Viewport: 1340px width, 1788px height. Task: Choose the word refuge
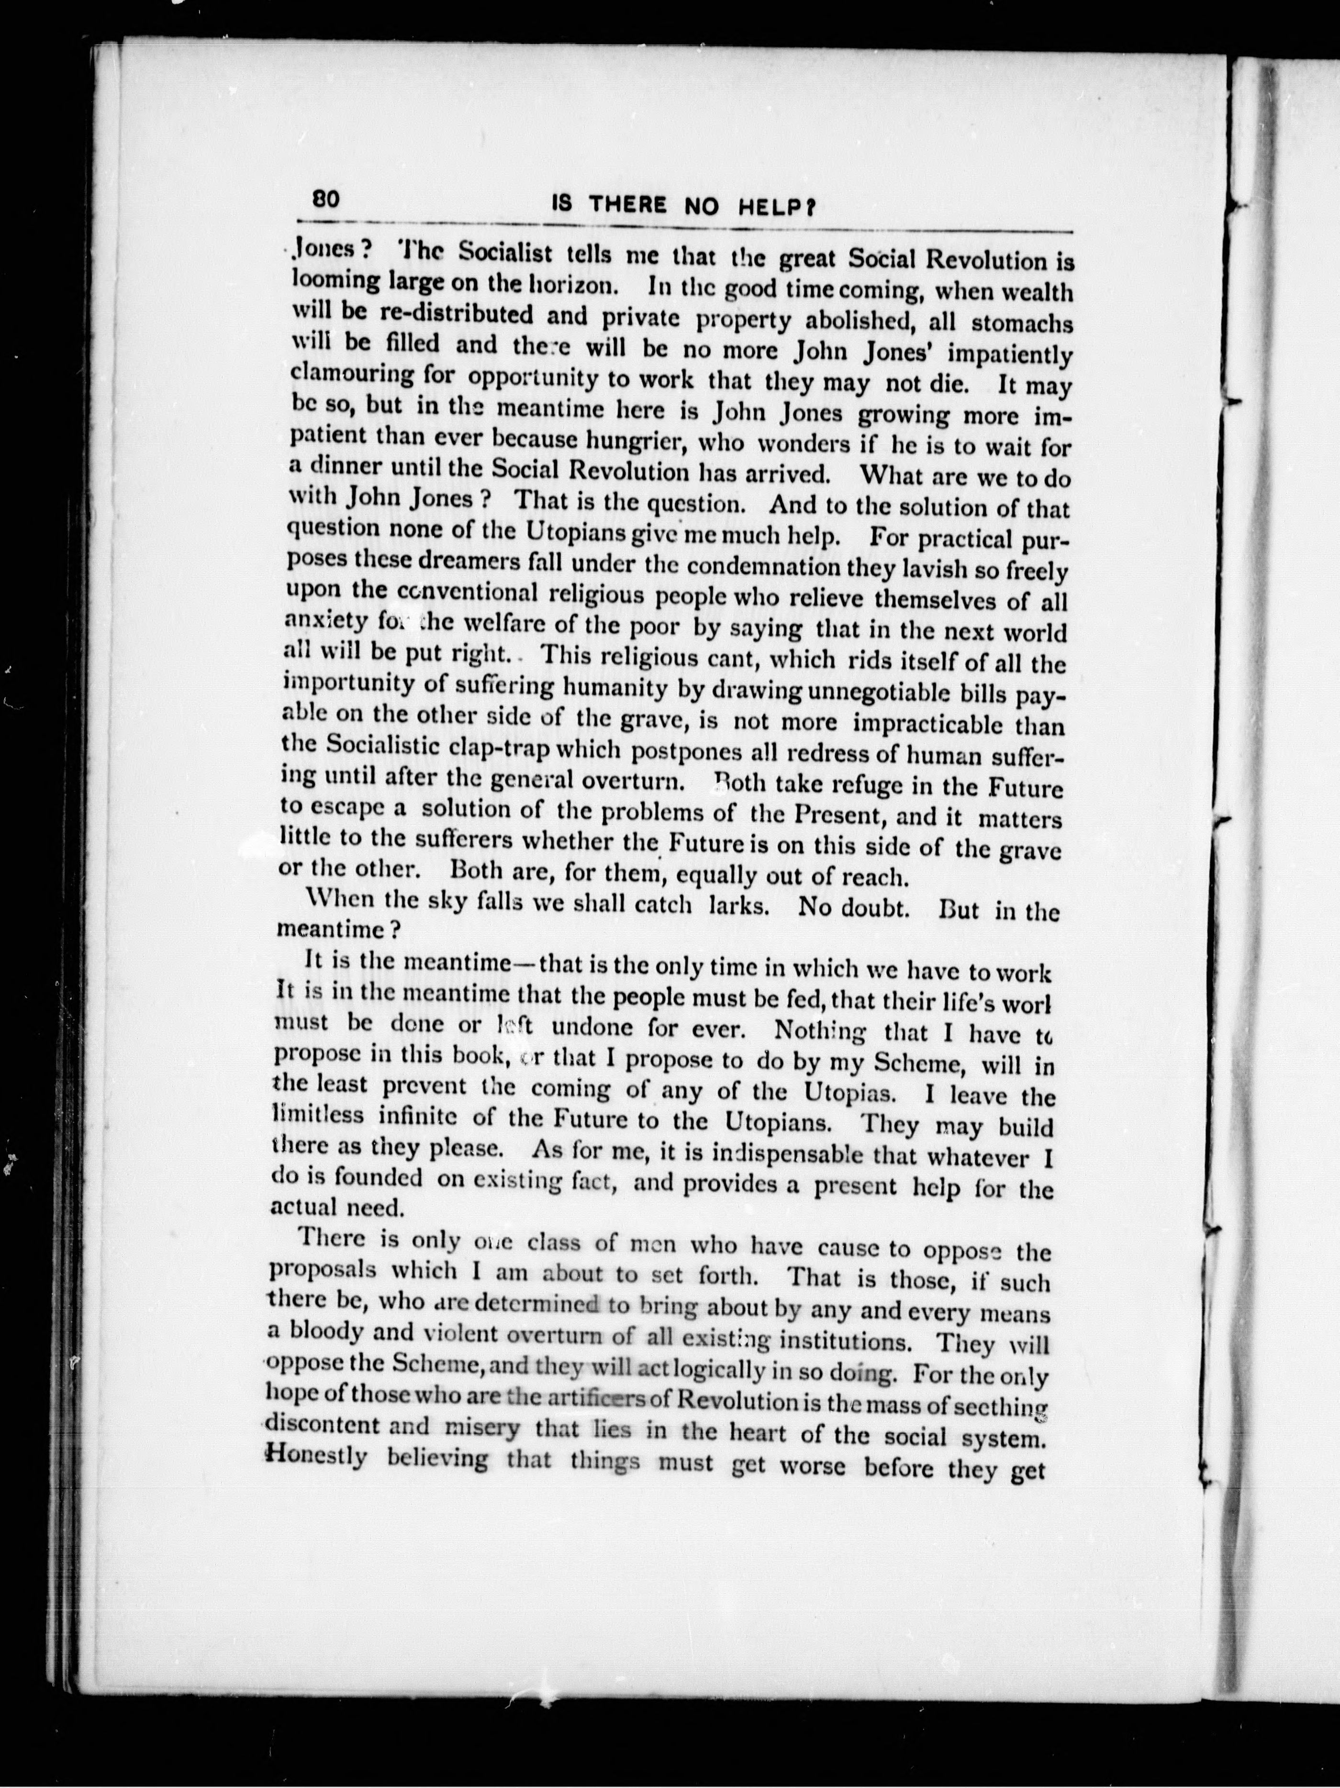tap(869, 784)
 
